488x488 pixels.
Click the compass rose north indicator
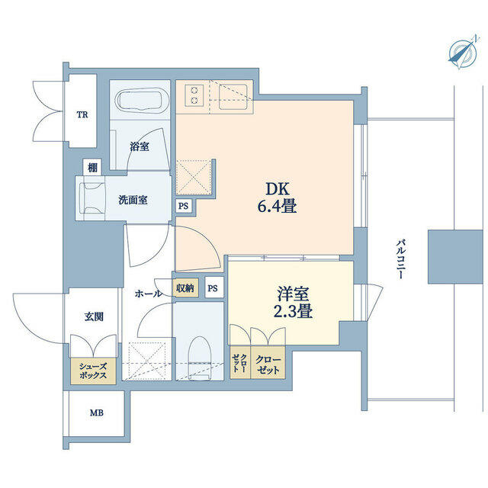[x=463, y=53]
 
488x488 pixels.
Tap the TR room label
[x=82, y=115]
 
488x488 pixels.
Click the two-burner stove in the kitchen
[x=194, y=95]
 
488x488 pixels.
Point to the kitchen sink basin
[x=233, y=97]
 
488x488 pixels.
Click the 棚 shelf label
[x=92, y=168]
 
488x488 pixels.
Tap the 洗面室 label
[x=133, y=200]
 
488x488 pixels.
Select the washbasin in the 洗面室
[x=91, y=197]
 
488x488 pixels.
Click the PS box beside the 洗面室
[x=183, y=206]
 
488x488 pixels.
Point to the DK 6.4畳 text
[x=277, y=197]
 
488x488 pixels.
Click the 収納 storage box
[x=185, y=288]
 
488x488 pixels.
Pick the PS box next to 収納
[x=213, y=288]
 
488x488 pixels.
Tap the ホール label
[x=149, y=293]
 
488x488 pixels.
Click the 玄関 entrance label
[x=94, y=317]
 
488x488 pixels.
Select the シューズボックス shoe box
[x=93, y=371]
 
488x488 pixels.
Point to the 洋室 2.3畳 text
[x=293, y=303]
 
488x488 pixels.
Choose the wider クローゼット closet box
[x=268, y=363]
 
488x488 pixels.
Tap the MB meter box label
[x=97, y=413]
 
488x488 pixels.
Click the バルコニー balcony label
[x=400, y=258]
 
